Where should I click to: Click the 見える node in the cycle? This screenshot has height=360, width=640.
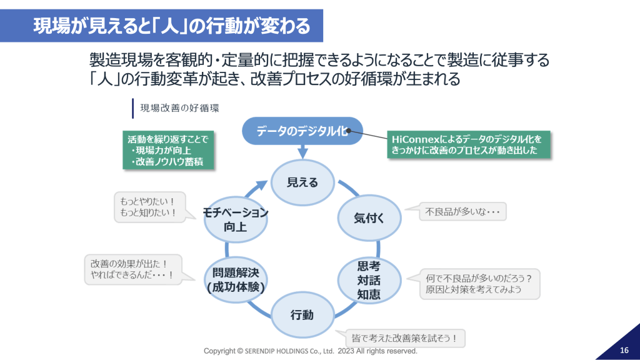click(x=302, y=182)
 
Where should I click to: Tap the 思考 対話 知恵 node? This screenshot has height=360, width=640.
click(x=369, y=279)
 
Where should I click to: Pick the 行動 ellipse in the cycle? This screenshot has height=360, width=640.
click(x=302, y=314)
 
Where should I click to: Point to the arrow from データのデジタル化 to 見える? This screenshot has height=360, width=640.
click(x=302, y=151)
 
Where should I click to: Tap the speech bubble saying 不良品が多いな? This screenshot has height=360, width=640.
click(x=462, y=212)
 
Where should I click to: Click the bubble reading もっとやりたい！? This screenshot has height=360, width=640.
click(x=149, y=207)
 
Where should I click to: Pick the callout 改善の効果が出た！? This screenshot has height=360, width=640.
click(x=132, y=269)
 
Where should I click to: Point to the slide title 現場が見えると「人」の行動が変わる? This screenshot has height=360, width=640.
click(x=172, y=26)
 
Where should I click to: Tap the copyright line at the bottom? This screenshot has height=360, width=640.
click(x=311, y=351)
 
